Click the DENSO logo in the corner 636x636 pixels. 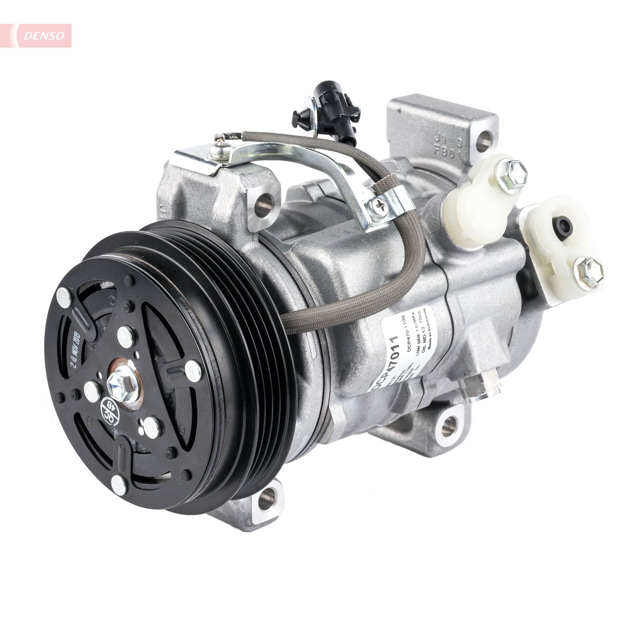[x=44, y=35]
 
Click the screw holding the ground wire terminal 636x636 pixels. [x=219, y=149]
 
